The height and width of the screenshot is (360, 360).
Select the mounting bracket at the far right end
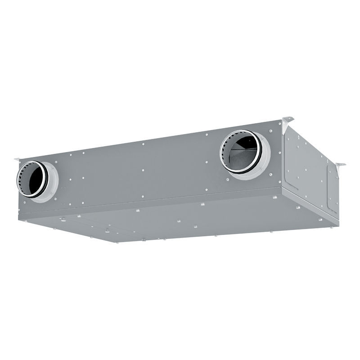tap(340, 165)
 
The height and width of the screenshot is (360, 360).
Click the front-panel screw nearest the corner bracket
tap(270, 131)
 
